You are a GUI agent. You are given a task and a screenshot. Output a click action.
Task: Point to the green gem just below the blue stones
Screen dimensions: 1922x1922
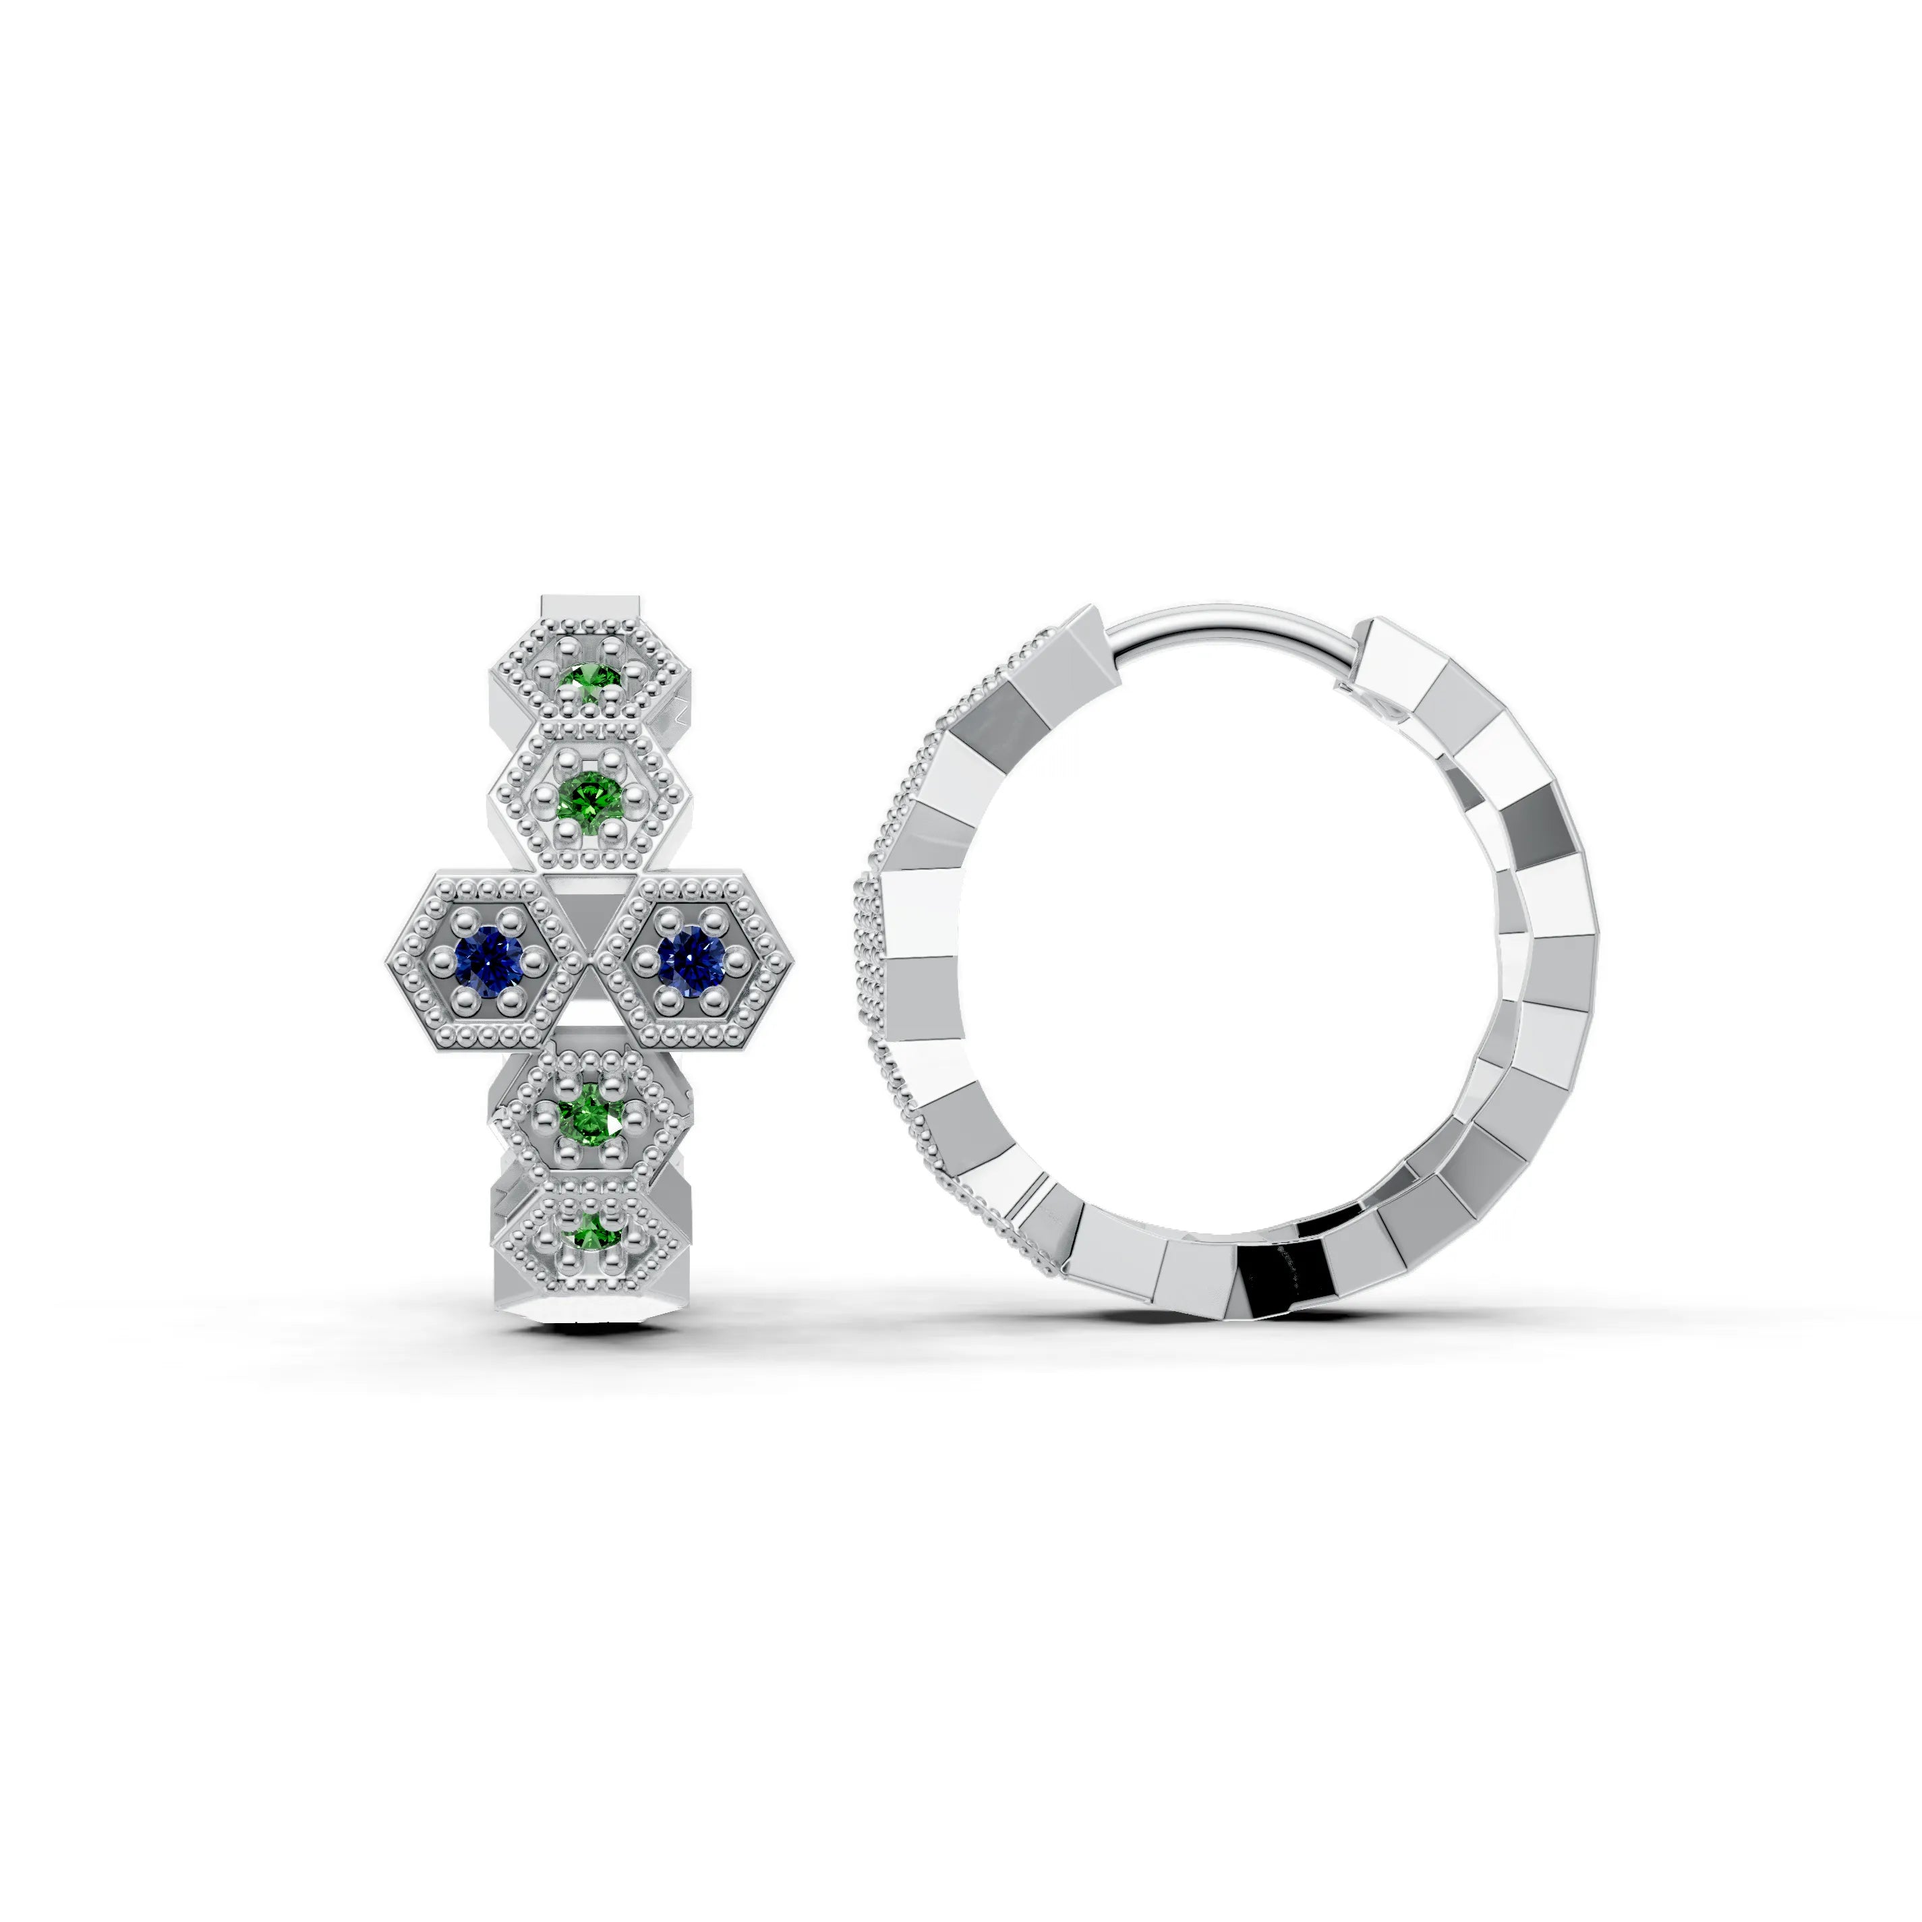(590, 1121)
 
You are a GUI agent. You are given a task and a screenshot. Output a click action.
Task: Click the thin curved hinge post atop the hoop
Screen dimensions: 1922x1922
(1233, 622)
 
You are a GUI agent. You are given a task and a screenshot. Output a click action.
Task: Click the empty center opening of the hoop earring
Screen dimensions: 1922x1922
(1223, 955)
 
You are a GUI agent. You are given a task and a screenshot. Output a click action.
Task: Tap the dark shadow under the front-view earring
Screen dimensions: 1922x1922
(587, 1323)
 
